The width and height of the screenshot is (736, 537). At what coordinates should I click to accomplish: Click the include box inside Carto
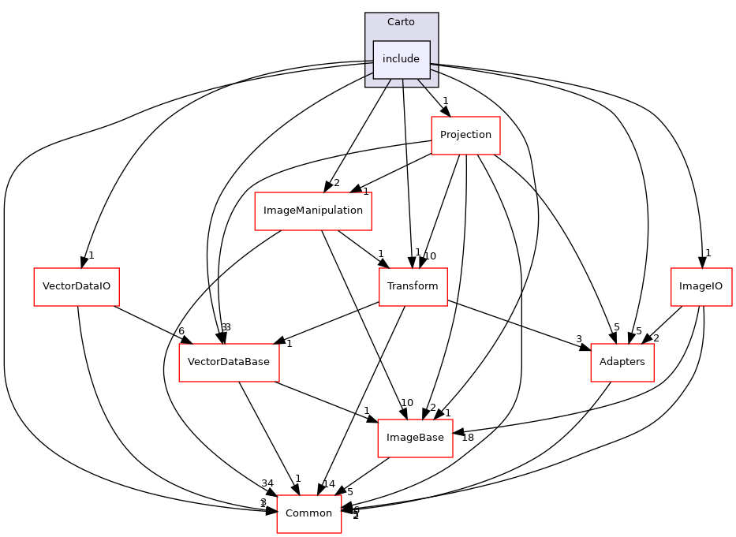(401, 59)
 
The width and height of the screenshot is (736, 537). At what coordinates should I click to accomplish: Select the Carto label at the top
(401, 21)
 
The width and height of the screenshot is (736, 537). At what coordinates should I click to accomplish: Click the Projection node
(465, 134)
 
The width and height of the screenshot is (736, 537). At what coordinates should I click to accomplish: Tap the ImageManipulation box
(313, 211)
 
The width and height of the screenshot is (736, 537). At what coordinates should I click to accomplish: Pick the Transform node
(413, 286)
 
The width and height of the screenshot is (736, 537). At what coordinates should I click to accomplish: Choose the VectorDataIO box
(76, 286)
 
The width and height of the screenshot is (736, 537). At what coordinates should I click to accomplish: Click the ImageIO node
(701, 286)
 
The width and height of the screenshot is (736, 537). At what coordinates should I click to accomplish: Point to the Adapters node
(622, 362)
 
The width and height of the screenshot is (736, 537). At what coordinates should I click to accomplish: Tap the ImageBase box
(415, 438)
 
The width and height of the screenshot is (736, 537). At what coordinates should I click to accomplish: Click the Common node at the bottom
(308, 513)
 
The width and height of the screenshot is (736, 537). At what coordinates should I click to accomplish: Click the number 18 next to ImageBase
(467, 438)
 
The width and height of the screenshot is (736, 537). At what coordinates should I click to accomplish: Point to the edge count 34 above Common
(269, 483)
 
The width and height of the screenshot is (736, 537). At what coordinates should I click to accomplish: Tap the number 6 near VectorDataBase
(181, 330)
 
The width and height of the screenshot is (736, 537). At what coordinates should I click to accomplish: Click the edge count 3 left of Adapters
(579, 338)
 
